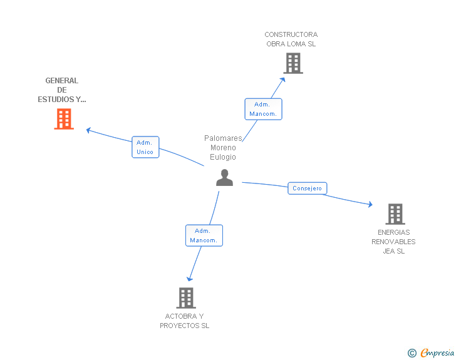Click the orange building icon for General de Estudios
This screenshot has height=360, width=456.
[64, 119]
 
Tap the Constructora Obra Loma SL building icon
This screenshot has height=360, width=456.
[293, 63]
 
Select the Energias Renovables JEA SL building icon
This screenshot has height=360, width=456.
[395, 214]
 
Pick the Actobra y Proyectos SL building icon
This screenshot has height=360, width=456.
[186, 298]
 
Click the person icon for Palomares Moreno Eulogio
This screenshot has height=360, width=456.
[224, 178]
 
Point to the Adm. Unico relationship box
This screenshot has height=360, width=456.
[145, 147]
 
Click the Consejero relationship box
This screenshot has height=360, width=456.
[308, 188]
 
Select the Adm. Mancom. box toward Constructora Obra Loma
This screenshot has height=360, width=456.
[263, 109]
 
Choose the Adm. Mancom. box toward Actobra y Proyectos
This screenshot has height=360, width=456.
[204, 235]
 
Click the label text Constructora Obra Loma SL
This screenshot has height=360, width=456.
[291, 39]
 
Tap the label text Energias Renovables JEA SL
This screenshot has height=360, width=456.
[394, 242]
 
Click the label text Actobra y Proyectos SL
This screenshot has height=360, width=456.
[185, 321]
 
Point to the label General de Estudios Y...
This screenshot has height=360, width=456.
[62, 90]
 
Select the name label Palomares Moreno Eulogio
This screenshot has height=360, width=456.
[223, 147]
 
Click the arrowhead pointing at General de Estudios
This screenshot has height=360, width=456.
[89, 130]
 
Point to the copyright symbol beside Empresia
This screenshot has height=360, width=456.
[412, 353]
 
